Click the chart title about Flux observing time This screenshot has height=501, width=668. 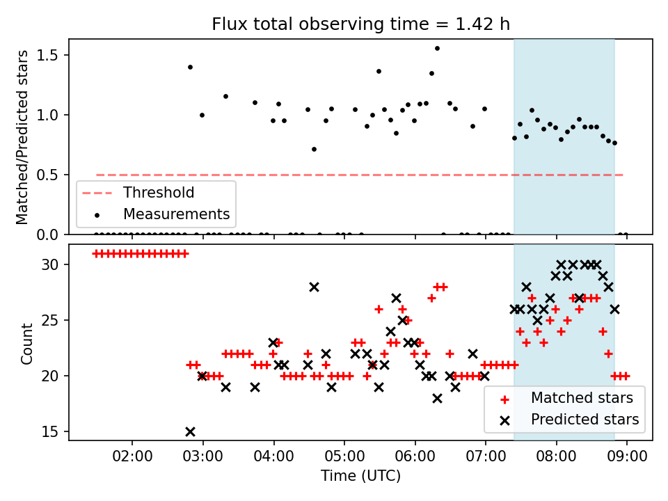(360, 24)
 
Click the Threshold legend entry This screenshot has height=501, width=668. (159, 192)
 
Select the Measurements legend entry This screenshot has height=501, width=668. (177, 214)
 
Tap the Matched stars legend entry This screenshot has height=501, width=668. (582, 398)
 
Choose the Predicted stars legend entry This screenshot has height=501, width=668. (584, 420)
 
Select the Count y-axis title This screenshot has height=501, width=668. (27, 343)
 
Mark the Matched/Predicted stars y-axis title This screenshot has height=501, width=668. (22, 137)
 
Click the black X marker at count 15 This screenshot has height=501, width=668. (190, 431)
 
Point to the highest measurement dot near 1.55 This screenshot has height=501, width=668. (437, 48)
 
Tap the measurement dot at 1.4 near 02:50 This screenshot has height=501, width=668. (190, 67)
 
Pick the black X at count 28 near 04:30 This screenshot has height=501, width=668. (314, 287)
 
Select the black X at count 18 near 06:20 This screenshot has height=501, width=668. (437, 398)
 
